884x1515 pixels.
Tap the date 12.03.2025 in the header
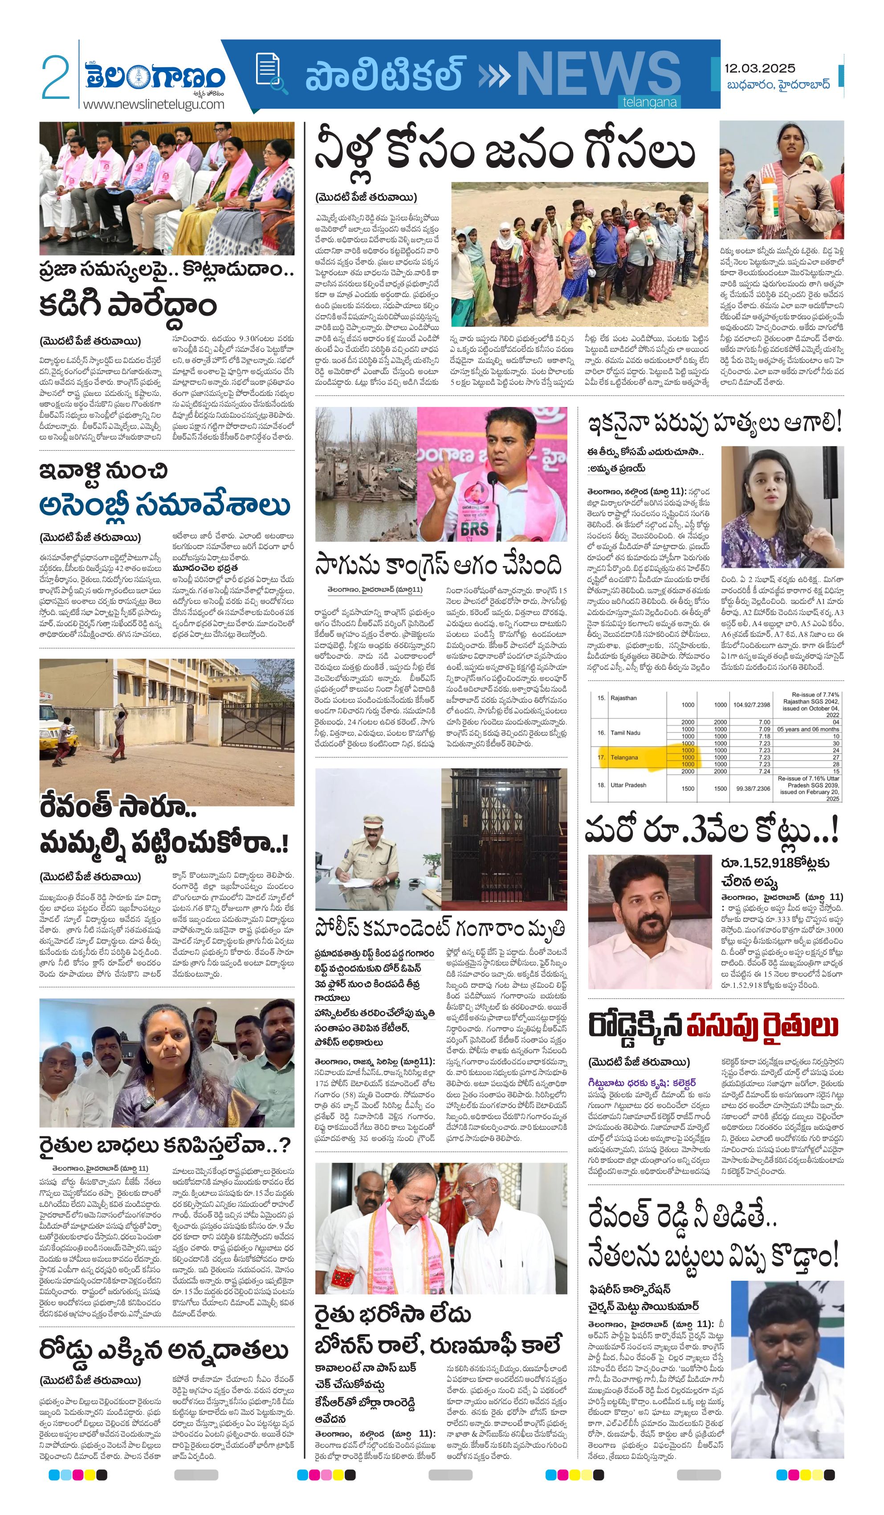point(759,68)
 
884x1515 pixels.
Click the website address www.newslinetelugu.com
point(153,104)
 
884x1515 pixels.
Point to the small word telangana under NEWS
point(649,102)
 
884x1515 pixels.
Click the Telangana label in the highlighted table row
point(623,757)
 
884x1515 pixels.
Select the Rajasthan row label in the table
point(623,698)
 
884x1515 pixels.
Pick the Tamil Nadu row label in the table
point(625,732)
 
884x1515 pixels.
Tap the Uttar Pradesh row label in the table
point(628,785)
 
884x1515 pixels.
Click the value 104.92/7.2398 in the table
point(751,704)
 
